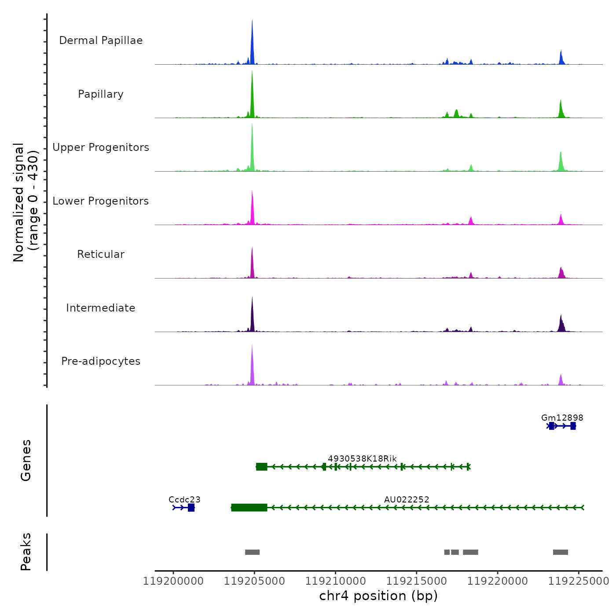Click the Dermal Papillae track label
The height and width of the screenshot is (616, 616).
tap(101, 40)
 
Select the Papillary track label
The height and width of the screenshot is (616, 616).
tap(101, 94)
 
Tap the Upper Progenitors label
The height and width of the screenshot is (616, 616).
tap(101, 147)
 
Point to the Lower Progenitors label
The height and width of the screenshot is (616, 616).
tap(101, 201)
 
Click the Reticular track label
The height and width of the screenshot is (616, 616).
tap(101, 254)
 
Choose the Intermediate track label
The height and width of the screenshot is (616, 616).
tap(101, 308)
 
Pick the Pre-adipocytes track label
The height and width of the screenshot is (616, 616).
tap(101, 361)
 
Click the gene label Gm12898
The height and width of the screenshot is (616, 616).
tap(562, 418)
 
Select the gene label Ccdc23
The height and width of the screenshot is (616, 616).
tap(184, 499)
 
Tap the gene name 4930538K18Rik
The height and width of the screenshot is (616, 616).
tap(362, 458)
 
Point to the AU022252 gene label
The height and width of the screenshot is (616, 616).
tap(407, 499)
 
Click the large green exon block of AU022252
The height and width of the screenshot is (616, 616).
tap(249, 508)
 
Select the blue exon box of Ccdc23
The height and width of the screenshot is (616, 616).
tap(191, 508)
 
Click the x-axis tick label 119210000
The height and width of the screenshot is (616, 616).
tap(335, 581)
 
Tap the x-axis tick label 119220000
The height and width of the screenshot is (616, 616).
tap(497, 581)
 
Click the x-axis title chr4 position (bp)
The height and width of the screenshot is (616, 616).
tap(378, 596)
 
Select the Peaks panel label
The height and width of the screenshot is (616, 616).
tap(26, 552)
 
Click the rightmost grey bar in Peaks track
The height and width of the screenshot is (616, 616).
tap(560, 552)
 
